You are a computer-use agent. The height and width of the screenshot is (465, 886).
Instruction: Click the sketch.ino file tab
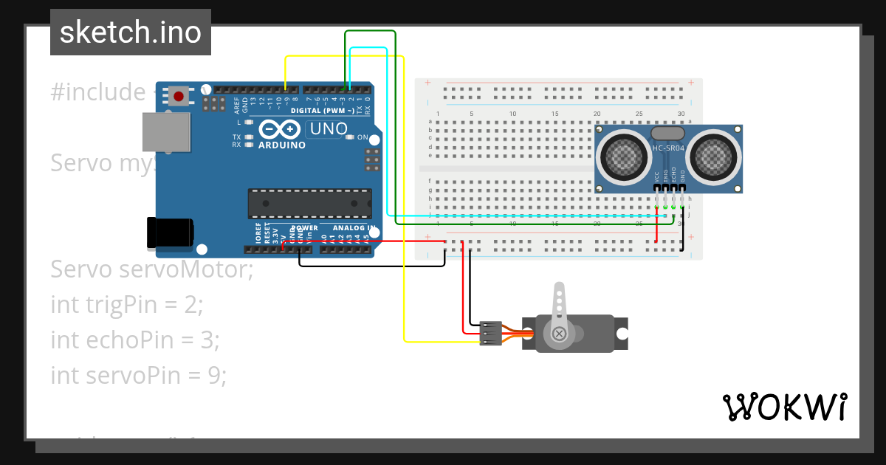[131, 32]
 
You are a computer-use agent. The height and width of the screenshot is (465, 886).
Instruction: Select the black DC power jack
[171, 232]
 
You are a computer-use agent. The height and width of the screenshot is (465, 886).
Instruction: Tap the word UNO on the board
[329, 128]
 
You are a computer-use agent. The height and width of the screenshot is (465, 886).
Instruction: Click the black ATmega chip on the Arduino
[309, 204]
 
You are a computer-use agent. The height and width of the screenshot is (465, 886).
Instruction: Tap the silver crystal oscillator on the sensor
[668, 132]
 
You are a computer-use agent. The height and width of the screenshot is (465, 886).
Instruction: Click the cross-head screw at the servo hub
[559, 334]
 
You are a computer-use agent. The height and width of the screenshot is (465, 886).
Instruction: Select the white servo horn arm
[560, 304]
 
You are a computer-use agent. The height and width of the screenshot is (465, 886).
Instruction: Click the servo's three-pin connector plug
[490, 333]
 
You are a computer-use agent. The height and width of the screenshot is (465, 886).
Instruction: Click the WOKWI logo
[784, 407]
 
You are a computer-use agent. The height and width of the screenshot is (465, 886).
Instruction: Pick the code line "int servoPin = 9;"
[138, 375]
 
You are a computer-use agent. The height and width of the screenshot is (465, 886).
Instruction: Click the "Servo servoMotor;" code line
[151, 269]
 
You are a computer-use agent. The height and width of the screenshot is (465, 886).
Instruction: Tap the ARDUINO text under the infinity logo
[281, 145]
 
